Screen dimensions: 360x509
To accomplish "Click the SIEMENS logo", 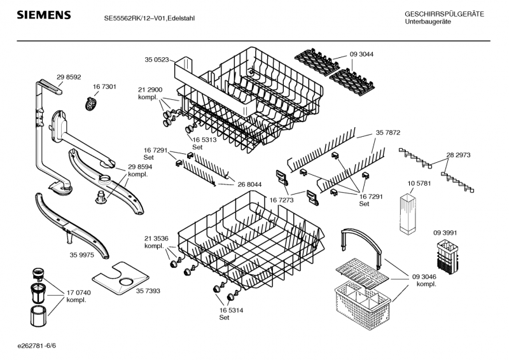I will (43, 15).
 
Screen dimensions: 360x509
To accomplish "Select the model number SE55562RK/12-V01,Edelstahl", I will (149, 18).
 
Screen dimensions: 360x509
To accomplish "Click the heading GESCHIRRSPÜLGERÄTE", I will (444, 14).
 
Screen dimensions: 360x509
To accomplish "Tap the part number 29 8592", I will (69, 77).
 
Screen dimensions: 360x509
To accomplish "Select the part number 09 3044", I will (361, 54).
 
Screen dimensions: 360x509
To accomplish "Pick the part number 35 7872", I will (387, 133).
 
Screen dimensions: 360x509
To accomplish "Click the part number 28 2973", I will (458, 155).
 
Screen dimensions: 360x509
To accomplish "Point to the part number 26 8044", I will (250, 184).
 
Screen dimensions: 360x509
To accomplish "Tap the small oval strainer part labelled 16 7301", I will (93, 102).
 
